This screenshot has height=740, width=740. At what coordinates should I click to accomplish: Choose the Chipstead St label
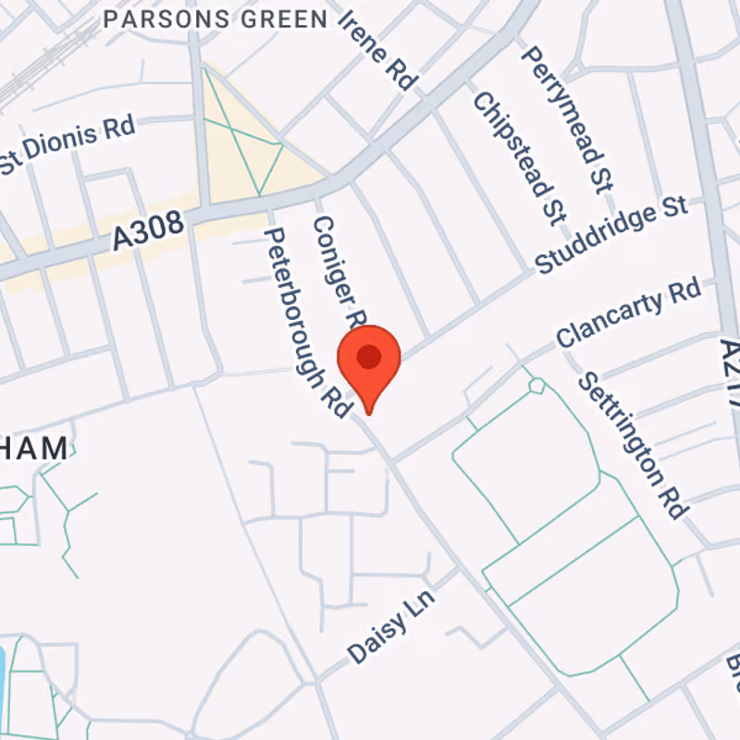pos(518,157)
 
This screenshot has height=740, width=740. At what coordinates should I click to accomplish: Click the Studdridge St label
pos(611,234)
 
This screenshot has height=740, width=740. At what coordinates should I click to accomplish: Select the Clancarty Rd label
pos(628,314)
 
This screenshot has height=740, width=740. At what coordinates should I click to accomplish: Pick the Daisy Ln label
pos(391,625)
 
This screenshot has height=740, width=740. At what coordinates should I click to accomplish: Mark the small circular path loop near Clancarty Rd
pos(536,386)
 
